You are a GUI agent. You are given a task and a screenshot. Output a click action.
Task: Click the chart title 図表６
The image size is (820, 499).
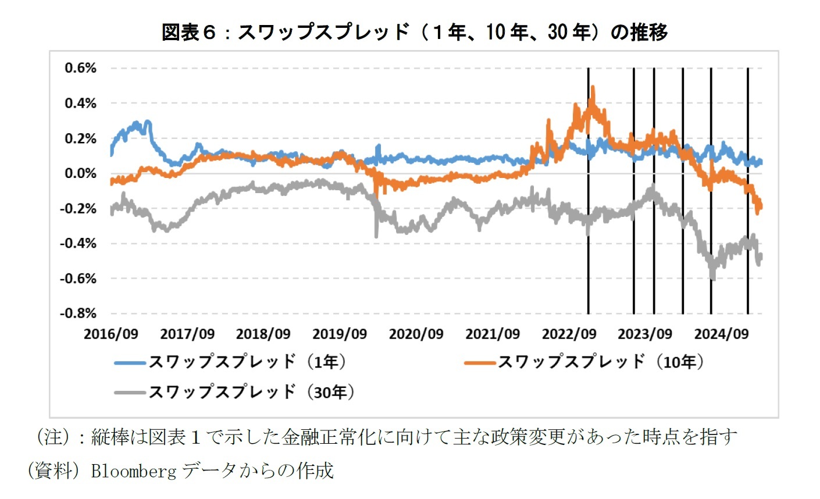(x=414, y=31)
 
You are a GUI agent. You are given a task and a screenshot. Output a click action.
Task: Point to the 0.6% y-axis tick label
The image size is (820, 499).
(x=80, y=68)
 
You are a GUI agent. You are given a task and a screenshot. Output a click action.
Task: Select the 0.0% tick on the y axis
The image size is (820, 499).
(x=80, y=173)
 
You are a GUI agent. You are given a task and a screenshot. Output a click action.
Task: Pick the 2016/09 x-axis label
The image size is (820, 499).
(x=111, y=334)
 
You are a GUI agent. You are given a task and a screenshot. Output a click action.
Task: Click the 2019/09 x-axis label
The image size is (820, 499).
(x=340, y=334)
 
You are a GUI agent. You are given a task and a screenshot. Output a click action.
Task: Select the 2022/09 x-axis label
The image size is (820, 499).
(x=569, y=334)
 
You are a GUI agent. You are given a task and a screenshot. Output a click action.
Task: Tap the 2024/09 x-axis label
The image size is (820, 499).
(x=722, y=334)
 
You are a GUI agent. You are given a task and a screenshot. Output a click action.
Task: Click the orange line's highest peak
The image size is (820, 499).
(x=593, y=88)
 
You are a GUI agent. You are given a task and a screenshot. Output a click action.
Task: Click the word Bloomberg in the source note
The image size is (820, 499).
(x=133, y=470)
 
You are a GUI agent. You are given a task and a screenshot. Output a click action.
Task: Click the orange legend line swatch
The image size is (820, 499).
(x=479, y=362)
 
